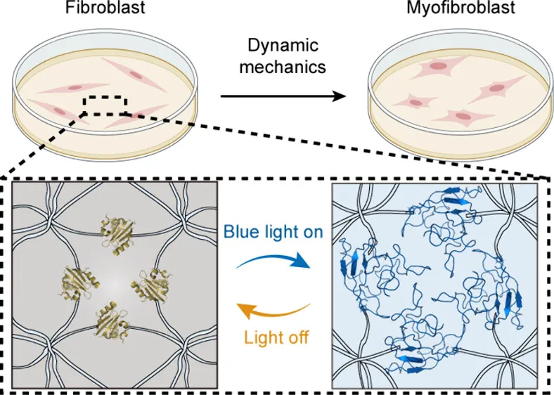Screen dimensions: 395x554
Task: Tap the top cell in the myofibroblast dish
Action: click(436, 68)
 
